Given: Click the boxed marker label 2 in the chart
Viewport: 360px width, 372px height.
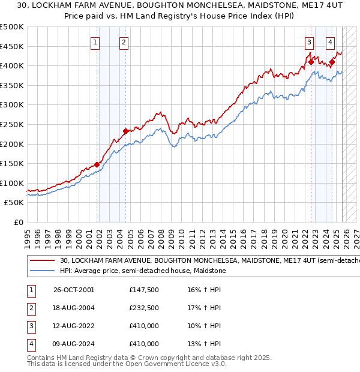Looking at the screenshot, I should tap(124, 42).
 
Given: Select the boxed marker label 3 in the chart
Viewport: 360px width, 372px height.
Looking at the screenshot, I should tap(309, 42).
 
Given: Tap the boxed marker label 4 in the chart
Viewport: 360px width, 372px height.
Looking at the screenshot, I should tap(331, 42).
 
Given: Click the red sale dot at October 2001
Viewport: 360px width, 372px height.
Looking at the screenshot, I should tap(97, 164).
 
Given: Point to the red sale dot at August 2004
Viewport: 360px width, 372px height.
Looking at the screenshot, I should tap(125, 131).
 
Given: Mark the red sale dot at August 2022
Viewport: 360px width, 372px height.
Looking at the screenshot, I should tap(311, 61).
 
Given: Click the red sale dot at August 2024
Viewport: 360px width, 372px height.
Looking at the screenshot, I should tap(332, 61).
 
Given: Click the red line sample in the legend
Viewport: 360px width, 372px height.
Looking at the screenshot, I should tap(42, 261).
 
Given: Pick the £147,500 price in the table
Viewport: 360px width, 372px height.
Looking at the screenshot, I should tap(143, 290).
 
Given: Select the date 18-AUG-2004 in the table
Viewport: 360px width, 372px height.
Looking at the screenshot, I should tap(74, 308).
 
